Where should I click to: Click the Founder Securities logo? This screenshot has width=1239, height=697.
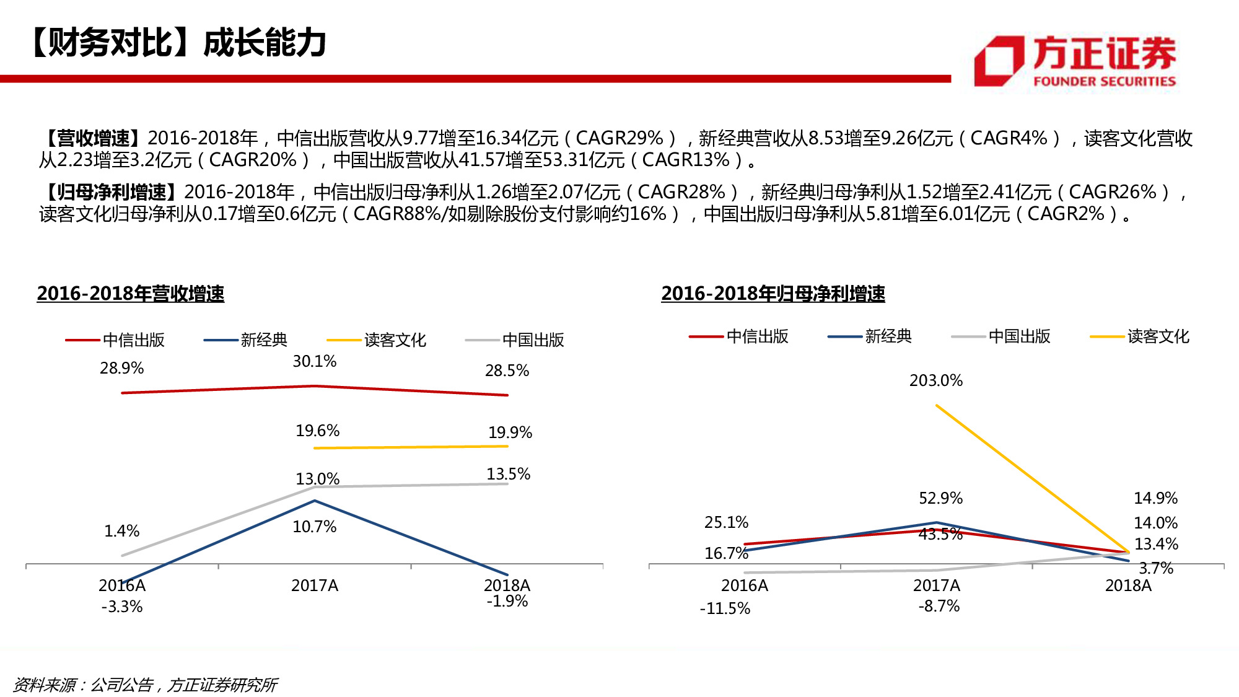(1075, 61)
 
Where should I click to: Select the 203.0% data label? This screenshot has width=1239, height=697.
(935, 380)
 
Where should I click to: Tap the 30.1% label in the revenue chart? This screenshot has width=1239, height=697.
(314, 361)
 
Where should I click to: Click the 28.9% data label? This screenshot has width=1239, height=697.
(121, 368)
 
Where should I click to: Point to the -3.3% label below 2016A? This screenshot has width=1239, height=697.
(121, 607)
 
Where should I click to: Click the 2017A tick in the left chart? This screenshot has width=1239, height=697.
(314, 585)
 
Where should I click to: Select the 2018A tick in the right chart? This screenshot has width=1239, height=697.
(1127, 585)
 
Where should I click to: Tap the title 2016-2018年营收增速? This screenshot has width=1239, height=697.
(130, 293)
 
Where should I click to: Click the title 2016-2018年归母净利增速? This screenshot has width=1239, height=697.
(773, 293)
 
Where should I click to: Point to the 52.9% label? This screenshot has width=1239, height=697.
(940, 498)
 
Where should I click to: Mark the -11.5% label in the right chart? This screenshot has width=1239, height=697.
(725, 608)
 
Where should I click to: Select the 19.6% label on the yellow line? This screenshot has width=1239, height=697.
(317, 431)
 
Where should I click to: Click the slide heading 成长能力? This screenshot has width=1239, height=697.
(265, 43)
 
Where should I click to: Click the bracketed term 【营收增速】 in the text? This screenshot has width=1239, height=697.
(94, 138)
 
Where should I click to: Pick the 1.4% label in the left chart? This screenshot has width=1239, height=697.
(121, 531)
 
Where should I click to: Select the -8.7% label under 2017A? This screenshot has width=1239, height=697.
(939, 606)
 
